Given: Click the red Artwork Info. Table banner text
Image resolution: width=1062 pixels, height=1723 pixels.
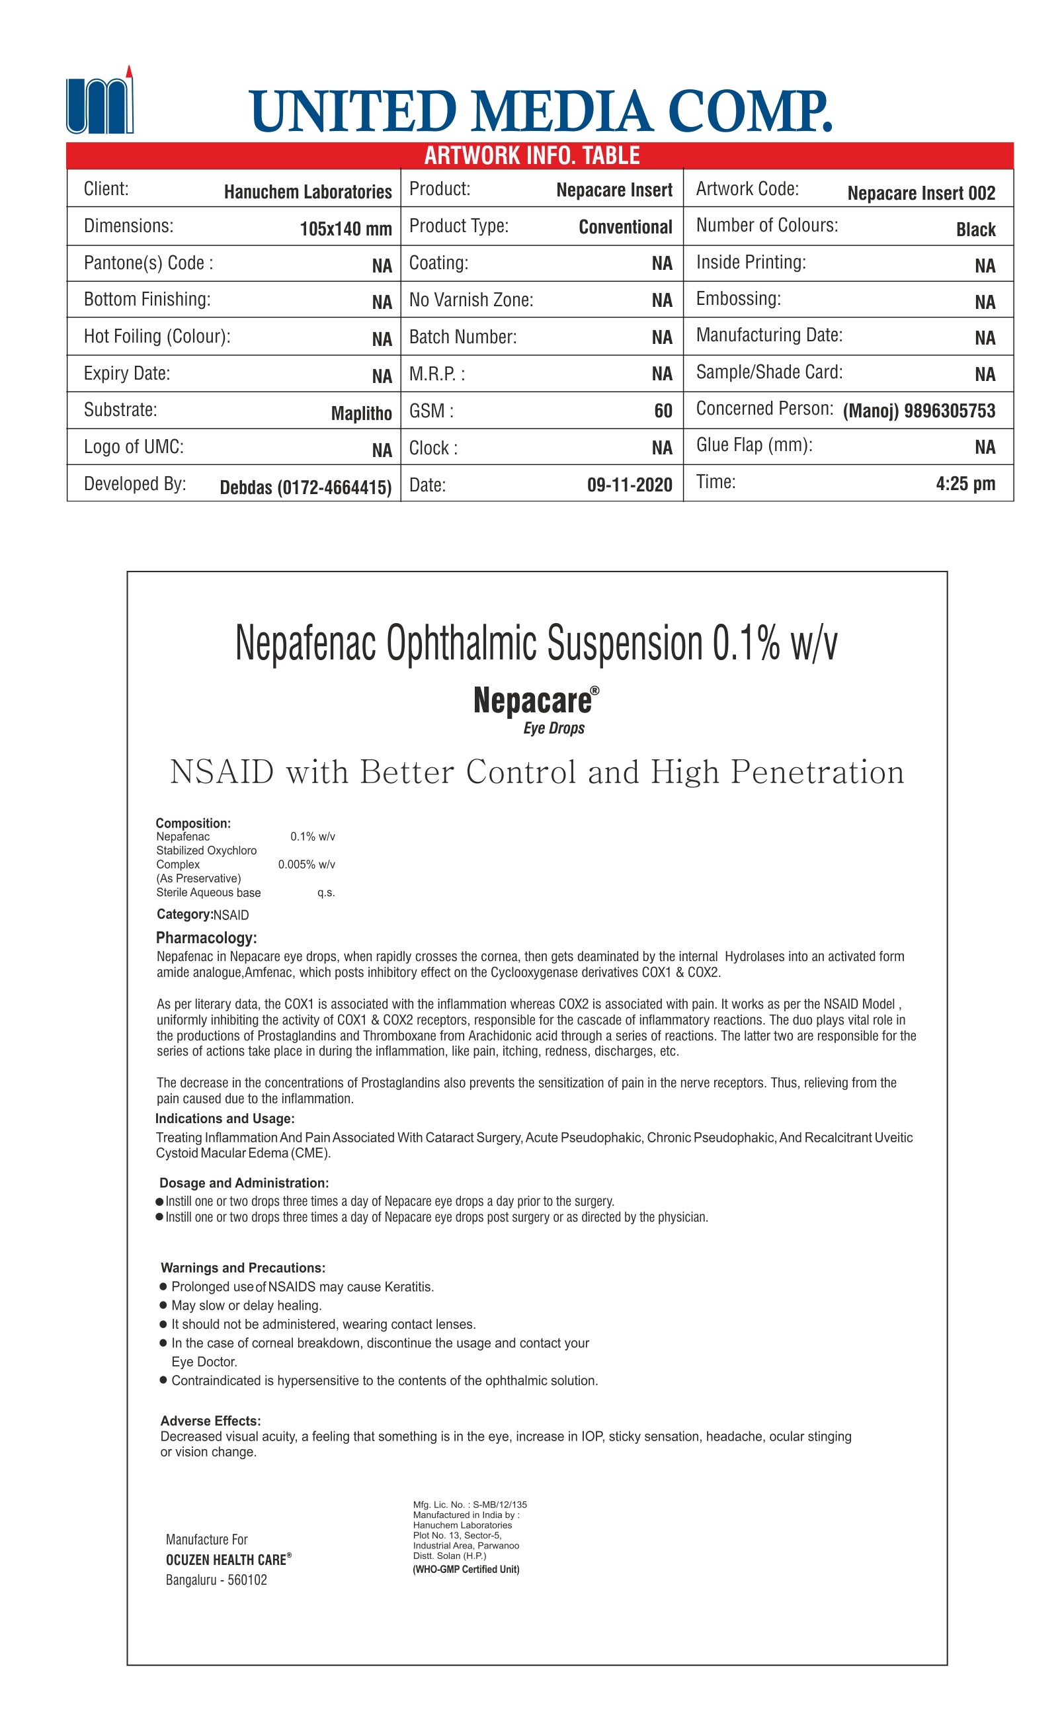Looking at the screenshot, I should [x=532, y=155].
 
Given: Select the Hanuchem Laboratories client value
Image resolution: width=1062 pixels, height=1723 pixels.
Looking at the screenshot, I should [x=307, y=192].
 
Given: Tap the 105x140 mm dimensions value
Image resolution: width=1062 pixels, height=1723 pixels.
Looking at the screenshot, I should [x=346, y=229].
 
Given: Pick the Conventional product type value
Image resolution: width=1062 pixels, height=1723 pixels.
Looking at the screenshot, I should [x=625, y=228].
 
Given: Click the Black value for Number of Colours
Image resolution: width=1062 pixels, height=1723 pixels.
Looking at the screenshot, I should [x=975, y=230].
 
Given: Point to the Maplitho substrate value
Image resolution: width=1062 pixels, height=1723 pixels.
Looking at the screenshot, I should [x=361, y=413].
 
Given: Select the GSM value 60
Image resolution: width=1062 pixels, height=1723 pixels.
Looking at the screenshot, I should [x=663, y=411].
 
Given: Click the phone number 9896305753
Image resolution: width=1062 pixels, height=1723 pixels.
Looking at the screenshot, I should [x=949, y=411].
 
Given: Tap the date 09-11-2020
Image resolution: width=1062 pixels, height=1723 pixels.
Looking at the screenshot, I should [x=630, y=485].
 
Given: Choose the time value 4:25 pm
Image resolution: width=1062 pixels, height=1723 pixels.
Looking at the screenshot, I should [x=965, y=484].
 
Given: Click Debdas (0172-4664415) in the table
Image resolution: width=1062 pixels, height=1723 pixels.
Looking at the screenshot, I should [x=306, y=487].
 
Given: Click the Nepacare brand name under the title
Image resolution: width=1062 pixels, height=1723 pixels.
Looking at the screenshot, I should [x=533, y=701].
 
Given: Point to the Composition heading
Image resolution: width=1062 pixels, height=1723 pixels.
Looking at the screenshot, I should [x=193, y=823].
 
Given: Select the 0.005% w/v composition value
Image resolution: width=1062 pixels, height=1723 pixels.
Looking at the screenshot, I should [x=306, y=864].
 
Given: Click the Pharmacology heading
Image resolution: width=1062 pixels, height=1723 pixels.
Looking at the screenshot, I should [x=206, y=938].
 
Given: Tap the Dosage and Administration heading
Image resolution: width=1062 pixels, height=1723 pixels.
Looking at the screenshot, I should [x=244, y=1183].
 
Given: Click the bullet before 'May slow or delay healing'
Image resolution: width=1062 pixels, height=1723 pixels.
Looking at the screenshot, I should [x=163, y=1305].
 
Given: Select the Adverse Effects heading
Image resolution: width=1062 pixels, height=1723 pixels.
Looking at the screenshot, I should [x=211, y=1421].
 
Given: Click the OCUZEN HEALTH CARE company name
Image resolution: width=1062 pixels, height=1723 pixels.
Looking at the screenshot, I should [x=226, y=1560].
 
